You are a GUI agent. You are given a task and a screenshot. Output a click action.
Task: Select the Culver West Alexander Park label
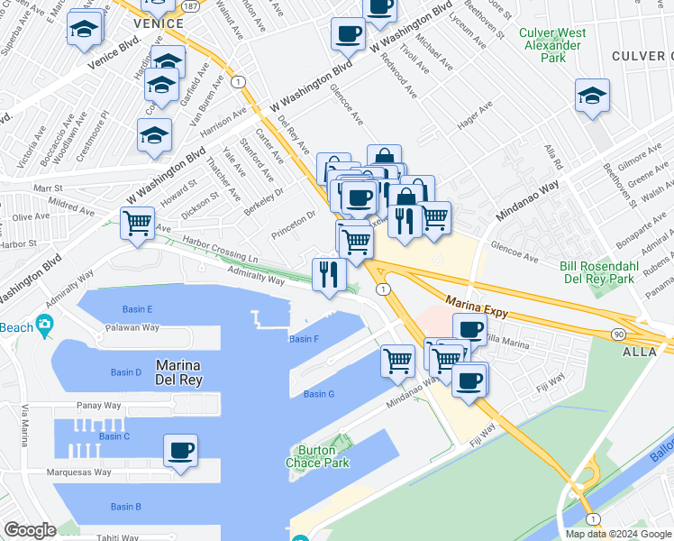tap(552, 45)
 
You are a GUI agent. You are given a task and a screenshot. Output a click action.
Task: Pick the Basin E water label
tap(131, 309)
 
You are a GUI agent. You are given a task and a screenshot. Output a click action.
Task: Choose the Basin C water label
tap(114, 436)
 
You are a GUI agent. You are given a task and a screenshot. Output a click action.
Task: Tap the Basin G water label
tap(319, 394)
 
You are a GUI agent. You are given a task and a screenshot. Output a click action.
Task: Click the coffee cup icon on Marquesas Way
tap(180, 449)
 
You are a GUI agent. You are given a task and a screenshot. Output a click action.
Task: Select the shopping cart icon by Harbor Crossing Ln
tap(137, 221)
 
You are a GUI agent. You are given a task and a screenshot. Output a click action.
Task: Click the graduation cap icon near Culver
tap(592, 94)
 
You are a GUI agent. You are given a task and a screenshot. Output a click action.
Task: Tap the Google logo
tap(30, 530)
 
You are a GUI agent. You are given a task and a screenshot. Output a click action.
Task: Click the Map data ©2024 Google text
tap(617, 534)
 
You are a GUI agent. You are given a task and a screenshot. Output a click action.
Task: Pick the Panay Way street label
tap(99, 406)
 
